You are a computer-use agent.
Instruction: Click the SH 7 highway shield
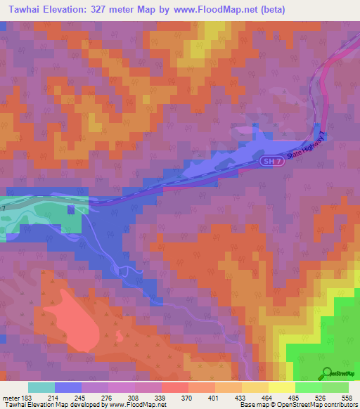tap(268, 162)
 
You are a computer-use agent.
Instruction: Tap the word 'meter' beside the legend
tap(9, 397)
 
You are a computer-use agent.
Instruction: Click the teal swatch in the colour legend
tap(41, 387)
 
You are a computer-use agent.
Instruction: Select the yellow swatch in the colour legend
tap(282, 387)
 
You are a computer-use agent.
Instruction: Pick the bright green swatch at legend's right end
tap(335, 387)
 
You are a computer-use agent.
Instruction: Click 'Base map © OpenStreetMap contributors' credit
tap(297, 405)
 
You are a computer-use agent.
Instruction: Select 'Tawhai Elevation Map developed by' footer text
tap(49, 405)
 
